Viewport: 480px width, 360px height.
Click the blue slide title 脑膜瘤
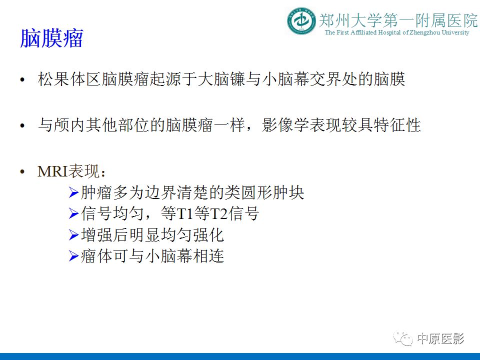pyautogui.click(x=51, y=38)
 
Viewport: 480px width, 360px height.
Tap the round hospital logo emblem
pyautogui.click(x=301, y=21)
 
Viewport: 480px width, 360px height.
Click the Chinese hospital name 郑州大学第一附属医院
pyautogui.click(x=398, y=20)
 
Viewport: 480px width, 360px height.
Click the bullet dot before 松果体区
pyautogui.click(x=21, y=81)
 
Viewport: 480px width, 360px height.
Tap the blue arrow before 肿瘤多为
pyautogui.click(x=73, y=192)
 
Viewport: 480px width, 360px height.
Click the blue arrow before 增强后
pyautogui.click(x=73, y=235)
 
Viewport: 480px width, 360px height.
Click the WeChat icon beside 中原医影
pyautogui.click(x=404, y=339)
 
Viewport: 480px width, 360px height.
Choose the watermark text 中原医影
pyautogui.click(x=440, y=339)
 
